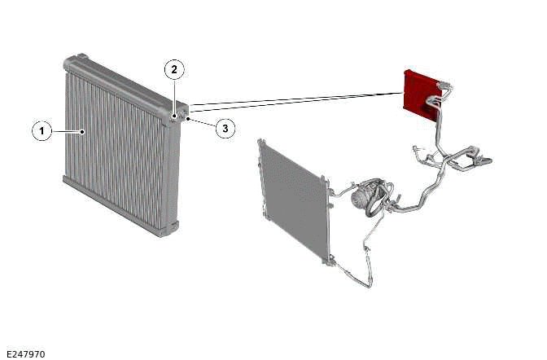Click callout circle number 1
(x=42, y=131)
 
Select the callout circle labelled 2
(x=174, y=70)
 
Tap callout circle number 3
(x=225, y=129)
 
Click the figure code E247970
(x=26, y=354)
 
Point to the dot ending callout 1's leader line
(x=82, y=132)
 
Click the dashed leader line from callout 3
(x=202, y=123)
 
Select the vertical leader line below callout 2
(x=174, y=97)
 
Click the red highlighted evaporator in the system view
(x=420, y=95)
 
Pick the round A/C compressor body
(x=361, y=198)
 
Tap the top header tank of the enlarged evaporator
(x=125, y=85)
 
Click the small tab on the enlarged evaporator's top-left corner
(x=81, y=56)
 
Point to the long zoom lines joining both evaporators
(x=295, y=102)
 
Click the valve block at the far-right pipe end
(x=484, y=160)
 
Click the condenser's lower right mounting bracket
(x=330, y=260)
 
